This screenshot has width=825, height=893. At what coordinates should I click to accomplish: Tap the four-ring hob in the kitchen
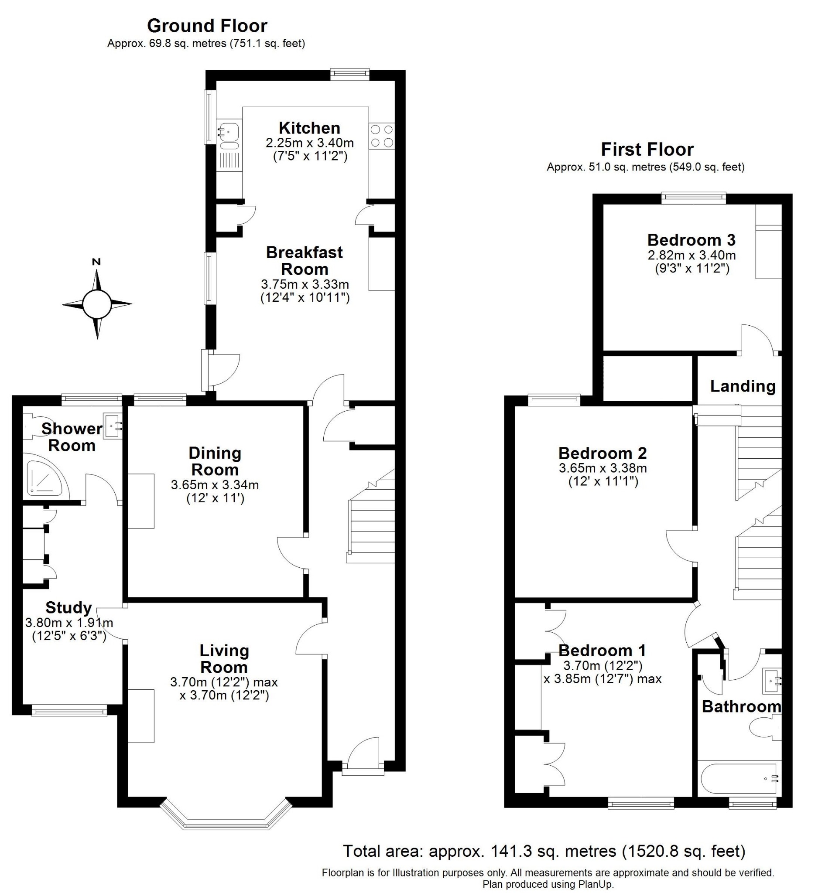[382, 136]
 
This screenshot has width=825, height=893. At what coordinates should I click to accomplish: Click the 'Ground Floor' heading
[207, 26]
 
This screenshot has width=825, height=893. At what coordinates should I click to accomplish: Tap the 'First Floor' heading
[647, 149]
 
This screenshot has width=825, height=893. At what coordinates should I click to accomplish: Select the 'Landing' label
[743, 386]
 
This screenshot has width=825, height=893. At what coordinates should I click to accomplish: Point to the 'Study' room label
[69, 607]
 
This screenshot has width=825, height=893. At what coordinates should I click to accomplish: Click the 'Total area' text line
[544, 851]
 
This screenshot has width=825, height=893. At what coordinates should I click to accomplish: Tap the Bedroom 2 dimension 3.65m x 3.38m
[602, 468]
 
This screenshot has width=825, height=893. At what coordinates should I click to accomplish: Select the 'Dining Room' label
[215, 461]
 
